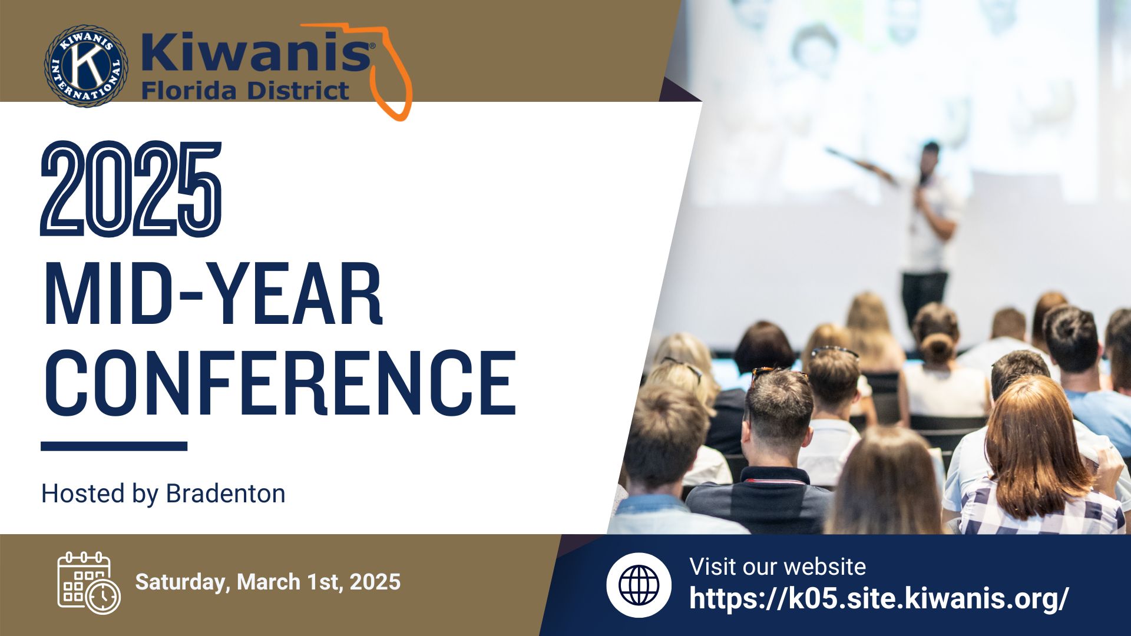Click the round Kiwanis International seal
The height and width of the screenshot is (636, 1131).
pyautogui.click(x=86, y=66)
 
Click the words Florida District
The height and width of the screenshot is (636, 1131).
pyautogui.click(x=245, y=91)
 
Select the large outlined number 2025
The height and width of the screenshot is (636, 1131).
pyautogui.click(x=131, y=189)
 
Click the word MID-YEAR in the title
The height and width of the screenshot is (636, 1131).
pyautogui.click(x=214, y=294)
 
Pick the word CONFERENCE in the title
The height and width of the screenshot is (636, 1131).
pyautogui.click(x=280, y=383)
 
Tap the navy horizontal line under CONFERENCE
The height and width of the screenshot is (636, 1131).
pyautogui.click(x=114, y=446)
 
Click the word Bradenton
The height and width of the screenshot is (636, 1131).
pyautogui.click(x=226, y=493)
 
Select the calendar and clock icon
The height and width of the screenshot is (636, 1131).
pyautogui.click(x=89, y=582)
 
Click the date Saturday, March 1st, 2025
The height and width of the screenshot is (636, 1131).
pyautogui.click(x=268, y=582)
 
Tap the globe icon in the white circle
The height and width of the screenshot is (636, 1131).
pyautogui.click(x=639, y=585)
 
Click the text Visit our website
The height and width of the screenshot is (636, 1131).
pyautogui.click(x=778, y=567)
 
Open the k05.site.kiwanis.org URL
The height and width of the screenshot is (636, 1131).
pyautogui.click(x=879, y=598)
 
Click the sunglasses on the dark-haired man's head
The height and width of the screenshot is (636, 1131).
pyautogui.click(x=778, y=372)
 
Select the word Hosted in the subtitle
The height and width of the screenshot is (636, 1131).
pyautogui.click(x=83, y=493)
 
